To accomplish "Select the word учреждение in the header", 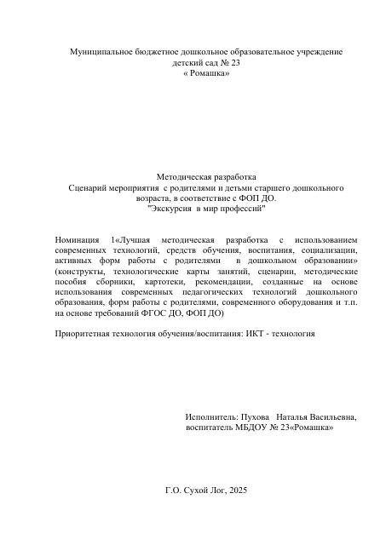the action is tap(313, 52).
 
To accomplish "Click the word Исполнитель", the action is tap(213, 417).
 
